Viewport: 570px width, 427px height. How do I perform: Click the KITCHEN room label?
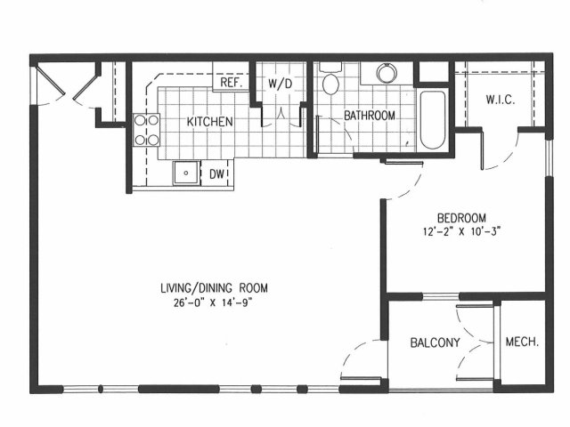click(210, 122)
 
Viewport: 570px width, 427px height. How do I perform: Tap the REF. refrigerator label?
click(232, 83)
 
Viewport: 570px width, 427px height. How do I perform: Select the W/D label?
click(280, 84)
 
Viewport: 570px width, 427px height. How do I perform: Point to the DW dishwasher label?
click(217, 174)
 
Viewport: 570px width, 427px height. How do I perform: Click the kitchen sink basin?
click(186, 173)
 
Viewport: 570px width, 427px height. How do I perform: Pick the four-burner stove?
click(146, 130)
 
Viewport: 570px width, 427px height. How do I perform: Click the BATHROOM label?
click(370, 116)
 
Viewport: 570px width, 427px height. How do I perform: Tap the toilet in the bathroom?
click(330, 79)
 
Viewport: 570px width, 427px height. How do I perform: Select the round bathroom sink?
click(387, 73)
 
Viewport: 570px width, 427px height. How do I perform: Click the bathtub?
click(433, 120)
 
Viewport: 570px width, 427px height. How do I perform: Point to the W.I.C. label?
click(501, 100)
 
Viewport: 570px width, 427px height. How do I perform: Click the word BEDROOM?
click(461, 218)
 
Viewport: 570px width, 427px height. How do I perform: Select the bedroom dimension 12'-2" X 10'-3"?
click(462, 231)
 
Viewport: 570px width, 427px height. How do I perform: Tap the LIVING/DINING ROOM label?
click(214, 288)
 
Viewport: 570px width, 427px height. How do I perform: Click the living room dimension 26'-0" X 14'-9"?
click(213, 302)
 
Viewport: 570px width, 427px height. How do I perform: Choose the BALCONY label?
click(435, 342)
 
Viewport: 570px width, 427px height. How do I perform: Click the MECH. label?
click(522, 342)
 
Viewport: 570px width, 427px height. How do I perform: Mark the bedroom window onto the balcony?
click(441, 296)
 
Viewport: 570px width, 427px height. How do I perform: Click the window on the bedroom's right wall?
click(550, 158)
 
